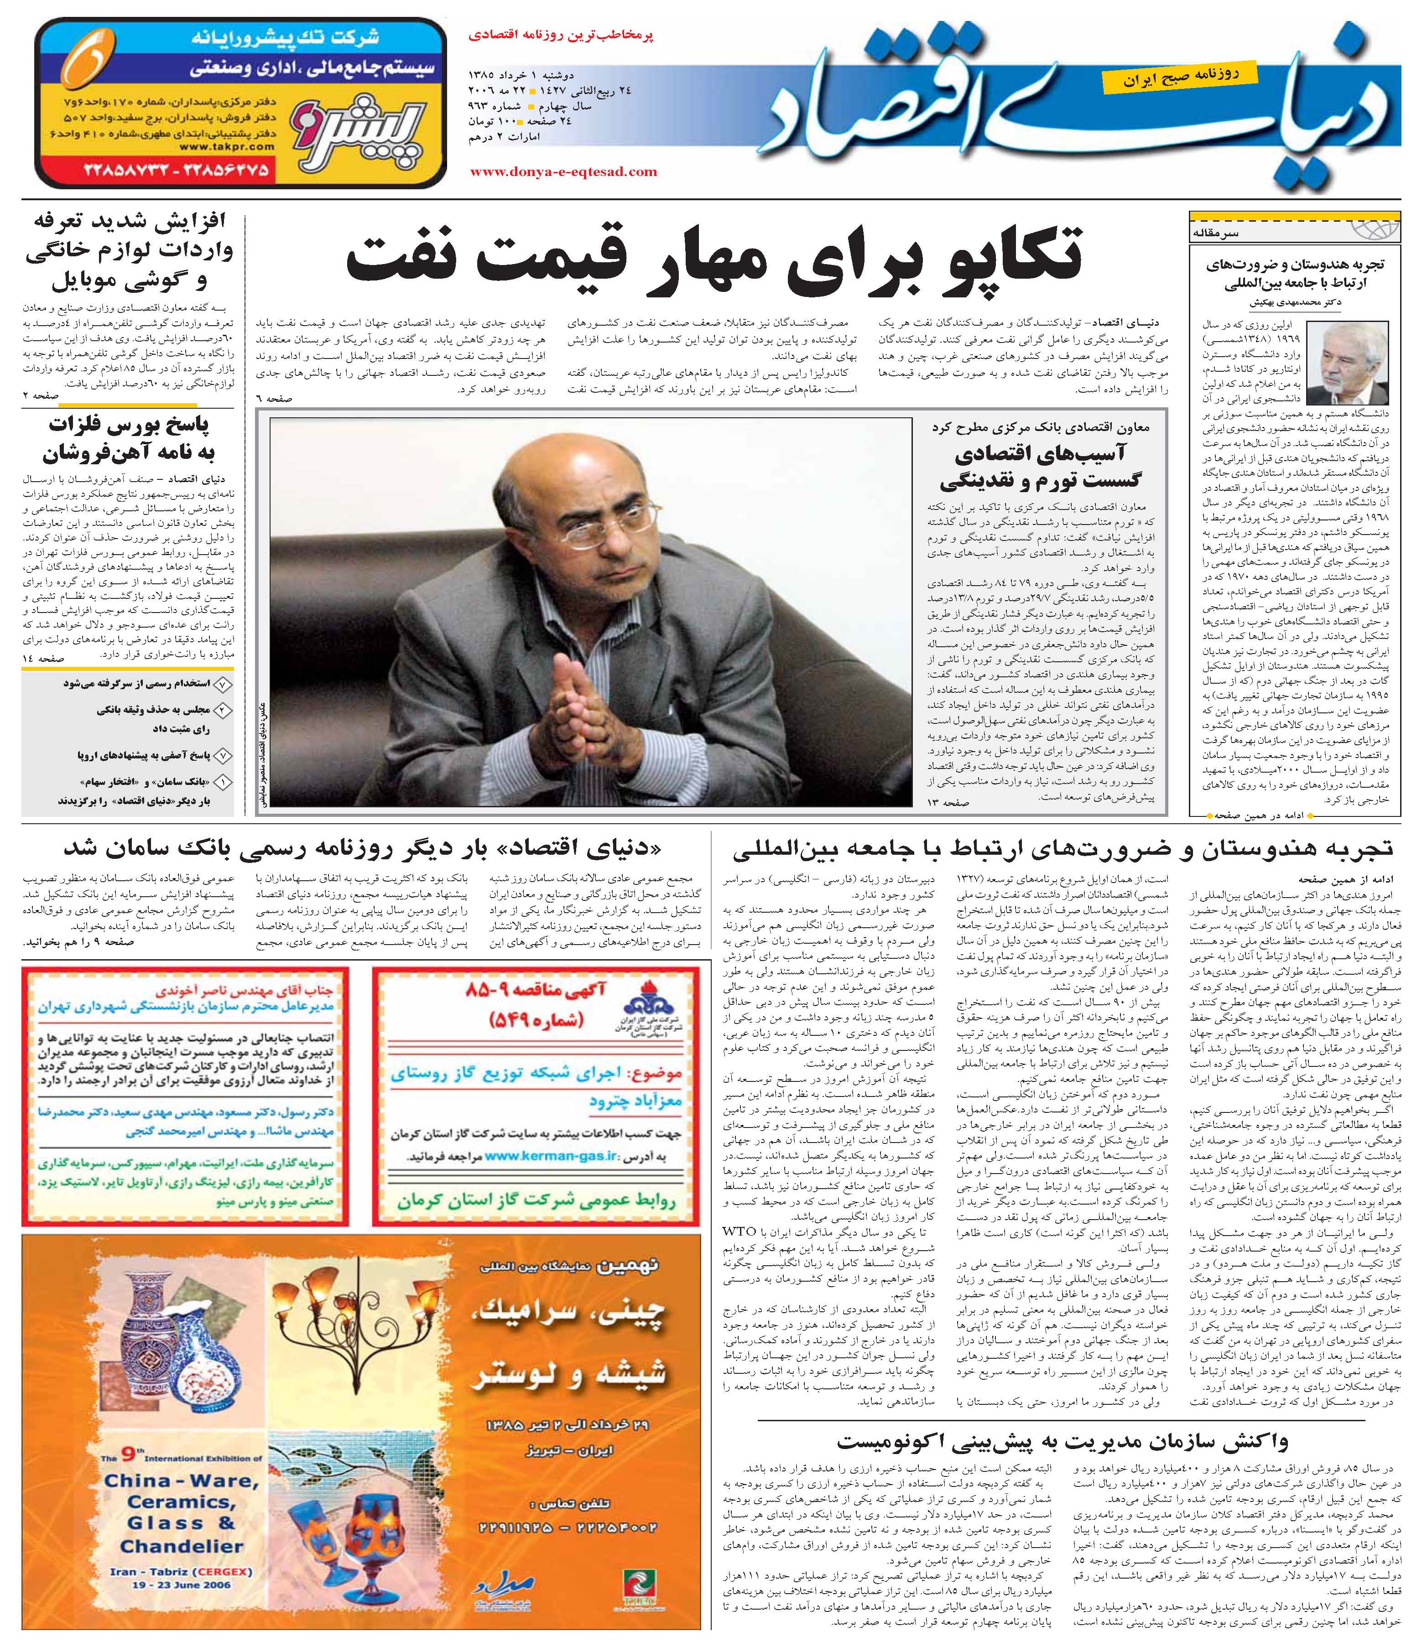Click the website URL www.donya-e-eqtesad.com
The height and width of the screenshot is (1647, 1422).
563,171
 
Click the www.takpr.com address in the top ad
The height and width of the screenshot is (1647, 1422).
227,146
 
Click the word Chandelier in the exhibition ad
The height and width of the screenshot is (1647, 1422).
181,1546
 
